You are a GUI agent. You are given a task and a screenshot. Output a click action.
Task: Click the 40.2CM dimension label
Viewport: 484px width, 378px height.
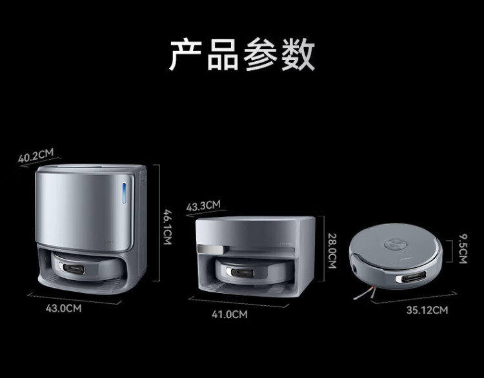37,156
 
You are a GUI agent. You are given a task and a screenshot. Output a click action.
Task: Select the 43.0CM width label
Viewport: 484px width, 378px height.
63,308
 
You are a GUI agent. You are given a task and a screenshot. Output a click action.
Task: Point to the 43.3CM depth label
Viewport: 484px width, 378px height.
203,206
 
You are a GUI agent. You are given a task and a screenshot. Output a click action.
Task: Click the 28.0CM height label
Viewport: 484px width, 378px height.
332,251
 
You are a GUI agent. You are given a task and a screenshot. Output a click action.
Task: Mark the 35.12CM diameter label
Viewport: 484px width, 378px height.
427,310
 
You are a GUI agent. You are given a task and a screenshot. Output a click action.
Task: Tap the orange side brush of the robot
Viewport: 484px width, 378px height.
362,294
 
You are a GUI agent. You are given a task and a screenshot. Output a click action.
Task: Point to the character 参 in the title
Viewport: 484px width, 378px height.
261,54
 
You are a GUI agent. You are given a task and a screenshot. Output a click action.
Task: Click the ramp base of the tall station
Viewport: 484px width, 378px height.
97,283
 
